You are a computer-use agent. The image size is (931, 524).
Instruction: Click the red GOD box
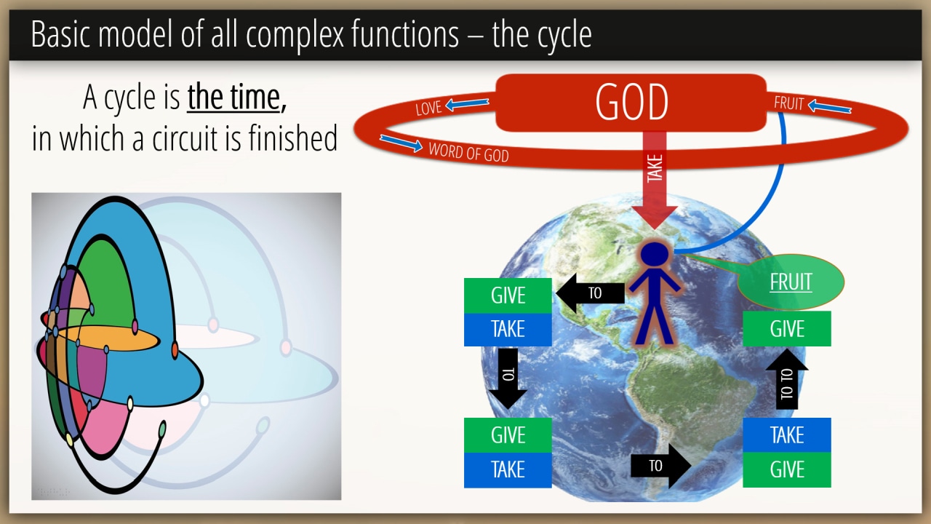coord(631,103)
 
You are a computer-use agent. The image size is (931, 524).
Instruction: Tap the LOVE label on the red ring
coord(428,108)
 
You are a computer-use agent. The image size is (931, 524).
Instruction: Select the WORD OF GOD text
coord(469,152)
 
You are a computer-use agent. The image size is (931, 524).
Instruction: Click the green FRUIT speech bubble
coord(791,282)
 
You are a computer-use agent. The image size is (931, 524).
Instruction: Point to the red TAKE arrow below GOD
coord(655,180)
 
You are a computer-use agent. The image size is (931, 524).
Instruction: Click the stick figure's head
coord(655,254)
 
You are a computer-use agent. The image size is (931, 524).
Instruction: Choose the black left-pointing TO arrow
coord(590,293)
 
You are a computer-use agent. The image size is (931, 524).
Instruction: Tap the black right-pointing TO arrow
coord(661,466)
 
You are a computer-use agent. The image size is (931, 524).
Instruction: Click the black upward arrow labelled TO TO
coord(787,379)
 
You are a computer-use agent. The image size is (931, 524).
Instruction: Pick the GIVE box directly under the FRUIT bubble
coord(787,328)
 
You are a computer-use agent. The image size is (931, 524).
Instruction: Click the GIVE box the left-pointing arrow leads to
coord(508,295)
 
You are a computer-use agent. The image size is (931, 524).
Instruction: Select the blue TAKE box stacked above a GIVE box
coord(787,435)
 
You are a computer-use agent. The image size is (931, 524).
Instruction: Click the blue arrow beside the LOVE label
coord(467,104)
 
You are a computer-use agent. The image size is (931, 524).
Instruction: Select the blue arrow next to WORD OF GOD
coord(401,143)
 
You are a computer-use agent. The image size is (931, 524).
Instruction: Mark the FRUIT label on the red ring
coord(788,103)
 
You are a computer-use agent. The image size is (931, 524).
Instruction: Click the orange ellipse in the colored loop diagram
coord(104,338)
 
